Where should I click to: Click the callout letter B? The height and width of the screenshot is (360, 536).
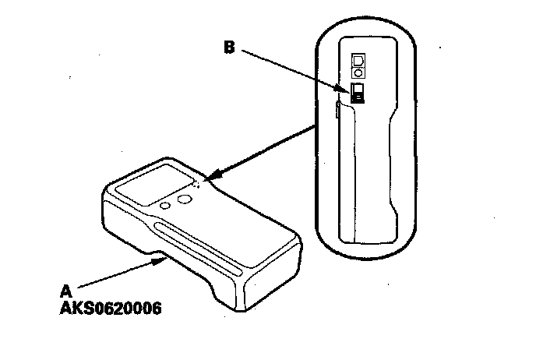point(229,47)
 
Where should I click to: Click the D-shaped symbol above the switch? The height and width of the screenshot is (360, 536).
point(359,60)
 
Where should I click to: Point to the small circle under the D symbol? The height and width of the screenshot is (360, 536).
point(359,72)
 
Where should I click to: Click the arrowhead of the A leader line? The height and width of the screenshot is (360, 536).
point(160,261)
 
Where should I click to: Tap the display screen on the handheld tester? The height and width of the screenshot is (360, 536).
point(163,185)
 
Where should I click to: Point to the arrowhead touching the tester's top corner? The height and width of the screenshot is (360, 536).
point(212,178)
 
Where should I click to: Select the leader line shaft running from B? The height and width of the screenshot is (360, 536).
point(292,69)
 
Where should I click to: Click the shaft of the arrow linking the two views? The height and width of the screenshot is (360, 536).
point(265,150)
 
